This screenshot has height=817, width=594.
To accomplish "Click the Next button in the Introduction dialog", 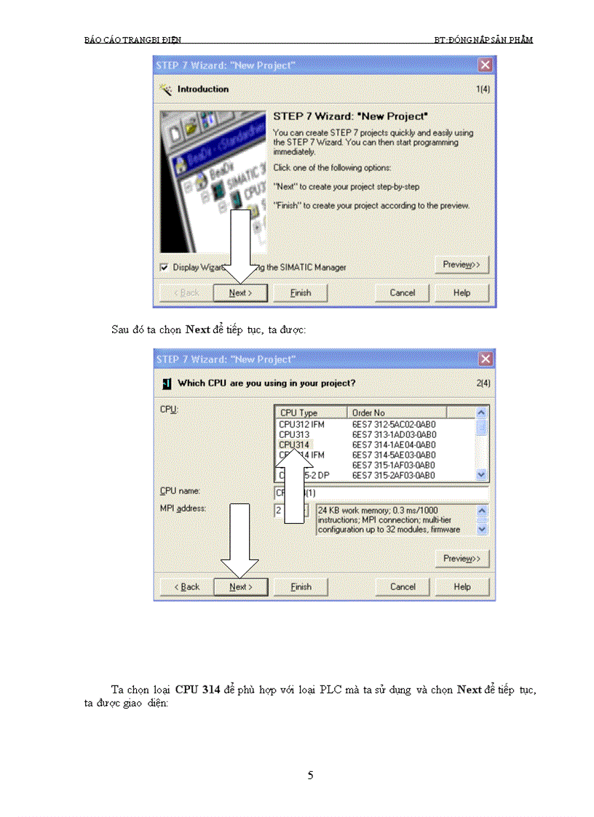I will (x=240, y=293).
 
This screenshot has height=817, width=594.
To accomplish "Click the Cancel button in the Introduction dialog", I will (x=403, y=293).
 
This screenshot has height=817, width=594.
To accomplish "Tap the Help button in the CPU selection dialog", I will (x=462, y=587).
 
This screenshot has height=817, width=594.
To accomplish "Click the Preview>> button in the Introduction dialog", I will (x=462, y=264).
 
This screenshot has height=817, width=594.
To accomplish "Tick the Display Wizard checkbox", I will (x=164, y=267).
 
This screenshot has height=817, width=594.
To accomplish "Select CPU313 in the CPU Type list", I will (x=293, y=434).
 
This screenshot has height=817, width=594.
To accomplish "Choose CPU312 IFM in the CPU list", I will (x=301, y=424).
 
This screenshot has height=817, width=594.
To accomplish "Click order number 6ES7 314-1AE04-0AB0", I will (x=394, y=445).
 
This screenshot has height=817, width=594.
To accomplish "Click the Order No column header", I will (x=395, y=413).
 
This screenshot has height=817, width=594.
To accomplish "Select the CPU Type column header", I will (x=310, y=413).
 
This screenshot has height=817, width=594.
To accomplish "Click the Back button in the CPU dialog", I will (x=186, y=587).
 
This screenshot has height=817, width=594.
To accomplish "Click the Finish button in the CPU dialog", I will (x=301, y=587).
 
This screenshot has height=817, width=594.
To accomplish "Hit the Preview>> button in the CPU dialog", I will (x=462, y=558).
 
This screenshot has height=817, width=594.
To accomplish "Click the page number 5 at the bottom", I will (x=311, y=776).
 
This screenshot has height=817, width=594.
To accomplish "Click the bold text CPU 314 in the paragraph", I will (x=200, y=690).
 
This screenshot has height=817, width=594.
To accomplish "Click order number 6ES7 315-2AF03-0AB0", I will (x=394, y=475).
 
